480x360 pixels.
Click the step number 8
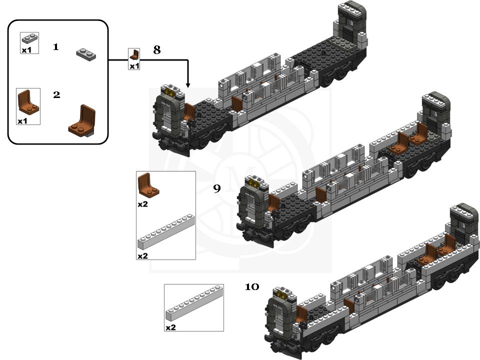(157, 50)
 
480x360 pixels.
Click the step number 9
(216, 188)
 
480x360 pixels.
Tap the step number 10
(251, 287)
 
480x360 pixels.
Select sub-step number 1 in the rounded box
(55, 46)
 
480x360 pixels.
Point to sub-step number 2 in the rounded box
(56, 94)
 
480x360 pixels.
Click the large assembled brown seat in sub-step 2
(83, 120)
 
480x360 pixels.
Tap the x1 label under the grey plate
(26, 50)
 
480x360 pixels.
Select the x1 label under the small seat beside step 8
(134, 66)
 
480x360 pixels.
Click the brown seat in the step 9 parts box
(148, 185)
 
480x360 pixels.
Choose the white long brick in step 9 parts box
(165, 232)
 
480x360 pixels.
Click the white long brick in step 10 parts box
(194, 304)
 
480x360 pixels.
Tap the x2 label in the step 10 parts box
(170, 327)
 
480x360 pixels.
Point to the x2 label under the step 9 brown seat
(143, 204)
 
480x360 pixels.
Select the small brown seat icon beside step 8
(134, 55)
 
